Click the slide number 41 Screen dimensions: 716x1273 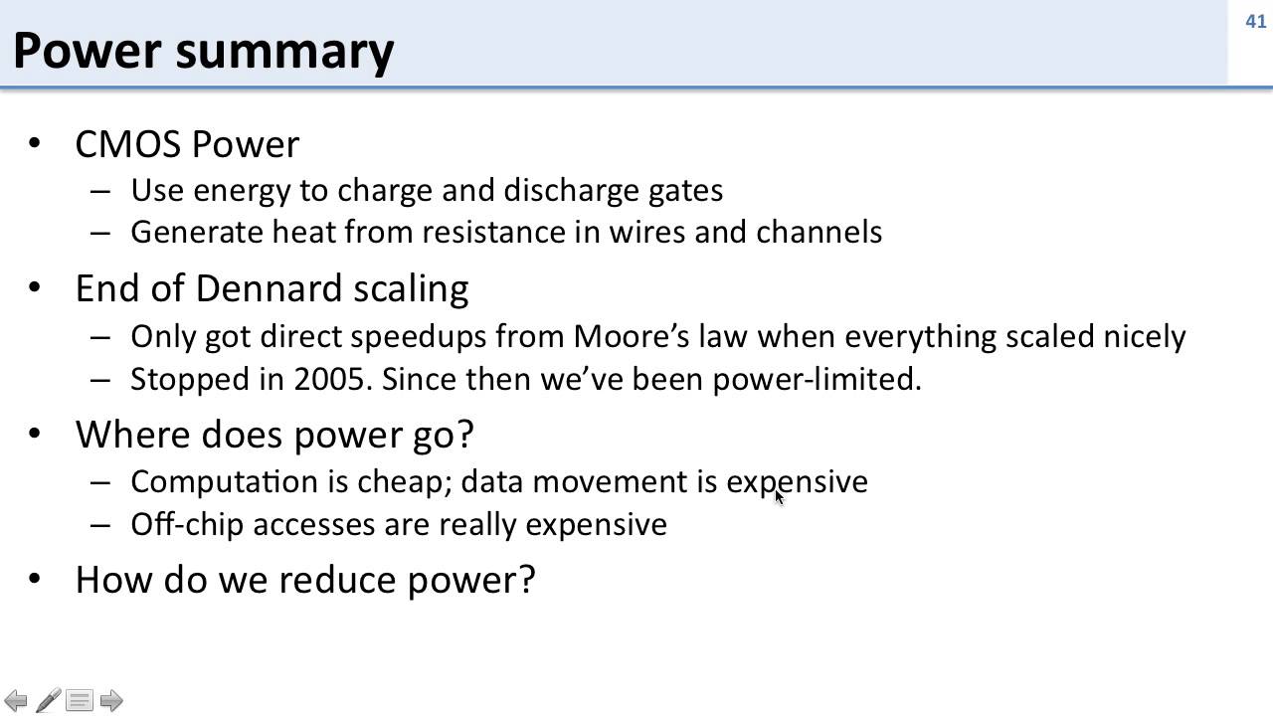1255,21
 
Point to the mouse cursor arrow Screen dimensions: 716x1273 779,496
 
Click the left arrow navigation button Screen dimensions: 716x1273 16,700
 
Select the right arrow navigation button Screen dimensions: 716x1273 111,700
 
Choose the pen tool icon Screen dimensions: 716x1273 48,700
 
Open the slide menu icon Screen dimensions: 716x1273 80,700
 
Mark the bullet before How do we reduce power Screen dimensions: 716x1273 36,579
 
